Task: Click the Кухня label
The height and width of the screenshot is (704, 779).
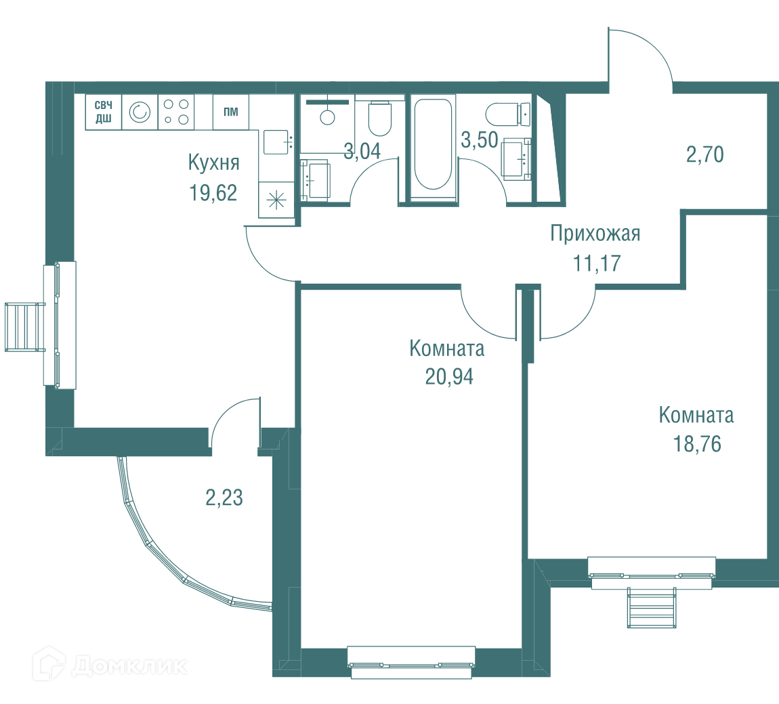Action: (x=213, y=162)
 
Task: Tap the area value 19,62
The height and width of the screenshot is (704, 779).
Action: (x=213, y=193)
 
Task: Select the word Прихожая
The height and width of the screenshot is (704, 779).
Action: (x=595, y=234)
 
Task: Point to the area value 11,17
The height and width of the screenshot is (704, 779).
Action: (x=597, y=263)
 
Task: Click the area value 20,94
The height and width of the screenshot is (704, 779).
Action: (x=449, y=377)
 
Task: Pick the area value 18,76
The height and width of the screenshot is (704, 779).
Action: (x=697, y=444)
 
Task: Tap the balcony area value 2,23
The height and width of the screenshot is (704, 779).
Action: (x=224, y=498)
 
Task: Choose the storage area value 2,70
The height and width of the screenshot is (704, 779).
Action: (x=705, y=154)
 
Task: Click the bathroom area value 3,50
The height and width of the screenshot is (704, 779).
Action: (x=480, y=140)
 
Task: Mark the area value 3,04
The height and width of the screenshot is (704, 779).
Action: (x=362, y=152)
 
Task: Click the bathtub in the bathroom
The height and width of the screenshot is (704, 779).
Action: (x=434, y=144)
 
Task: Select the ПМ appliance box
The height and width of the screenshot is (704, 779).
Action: (x=231, y=112)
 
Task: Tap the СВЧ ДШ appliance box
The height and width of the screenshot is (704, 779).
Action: (x=104, y=112)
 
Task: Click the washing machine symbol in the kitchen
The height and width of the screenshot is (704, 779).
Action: (x=140, y=112)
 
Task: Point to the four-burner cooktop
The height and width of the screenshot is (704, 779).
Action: (x=176, y=112)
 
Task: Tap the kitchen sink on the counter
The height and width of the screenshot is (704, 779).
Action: (x=276, y=142)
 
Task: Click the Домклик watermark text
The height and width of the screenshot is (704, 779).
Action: (x=129, y=666)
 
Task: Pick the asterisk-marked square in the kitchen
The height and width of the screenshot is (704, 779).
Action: (x=276, y=200)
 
